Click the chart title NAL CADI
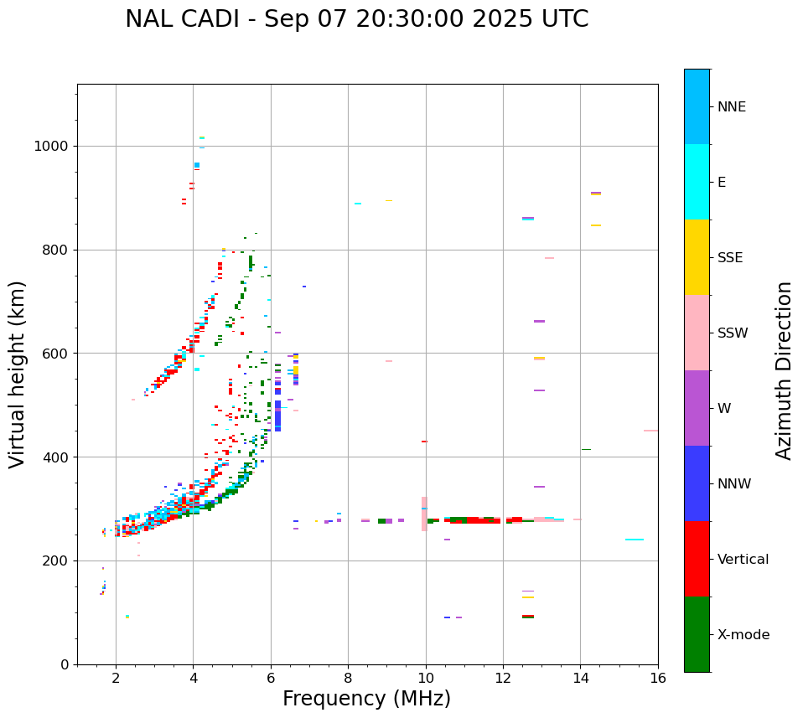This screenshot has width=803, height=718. coord(356,19)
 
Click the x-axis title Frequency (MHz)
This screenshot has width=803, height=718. coord(366,699)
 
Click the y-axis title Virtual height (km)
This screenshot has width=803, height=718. coord(18,374)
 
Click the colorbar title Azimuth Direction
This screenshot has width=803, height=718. coord(784,370)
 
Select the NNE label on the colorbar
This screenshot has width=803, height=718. coord(731,107)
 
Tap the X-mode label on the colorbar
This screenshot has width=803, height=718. coord(743,635)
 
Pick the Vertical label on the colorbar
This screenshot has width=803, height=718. coord(743,560)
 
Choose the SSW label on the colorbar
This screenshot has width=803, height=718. coord(732,333)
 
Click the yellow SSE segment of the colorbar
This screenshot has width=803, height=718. coord(697,257)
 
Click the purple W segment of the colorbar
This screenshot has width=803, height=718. coord(697,408)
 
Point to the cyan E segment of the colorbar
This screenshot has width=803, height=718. coord(697,182)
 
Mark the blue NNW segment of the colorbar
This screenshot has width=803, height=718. coord(697,483)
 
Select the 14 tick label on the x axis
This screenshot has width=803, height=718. coord(581,678)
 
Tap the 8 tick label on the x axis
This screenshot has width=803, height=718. coord(349,678)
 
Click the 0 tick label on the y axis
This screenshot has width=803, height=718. coord(65,664)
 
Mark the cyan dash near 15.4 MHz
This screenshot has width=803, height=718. coord(635,540)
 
